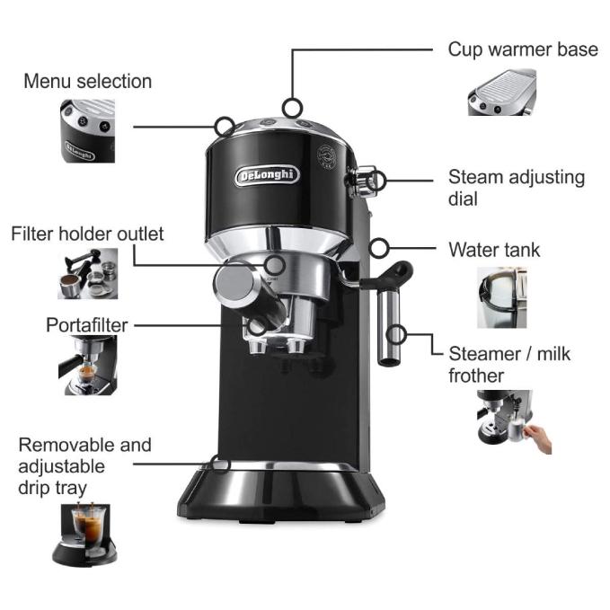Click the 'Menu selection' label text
pyautogui.click(x=87, y=82)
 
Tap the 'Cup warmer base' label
pyautogui.click(x=522, y=49)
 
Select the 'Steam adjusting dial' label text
pyautogui.click(x=516, y=188)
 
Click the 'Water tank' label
pyautogui.click(x=494, y=250)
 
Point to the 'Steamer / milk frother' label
pyautogui.click(x=508, y=364)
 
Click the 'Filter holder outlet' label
pyautogui.click(x=87, y=234)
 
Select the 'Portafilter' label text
pyautogui.click(x=87, y=324)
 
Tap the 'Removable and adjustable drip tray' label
pyautogui.click(x=84, y=466)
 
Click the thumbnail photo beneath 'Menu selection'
pyautogui.click(x=87, y=131)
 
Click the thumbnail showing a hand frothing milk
pyautogui.click(x=512, y=422)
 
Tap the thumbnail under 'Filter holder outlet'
pyautogui.click(x=87, y=273)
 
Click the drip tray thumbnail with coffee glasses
pyautogui.click(x=89, y=533)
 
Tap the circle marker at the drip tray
pyautogui.click(x=218, y=464)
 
